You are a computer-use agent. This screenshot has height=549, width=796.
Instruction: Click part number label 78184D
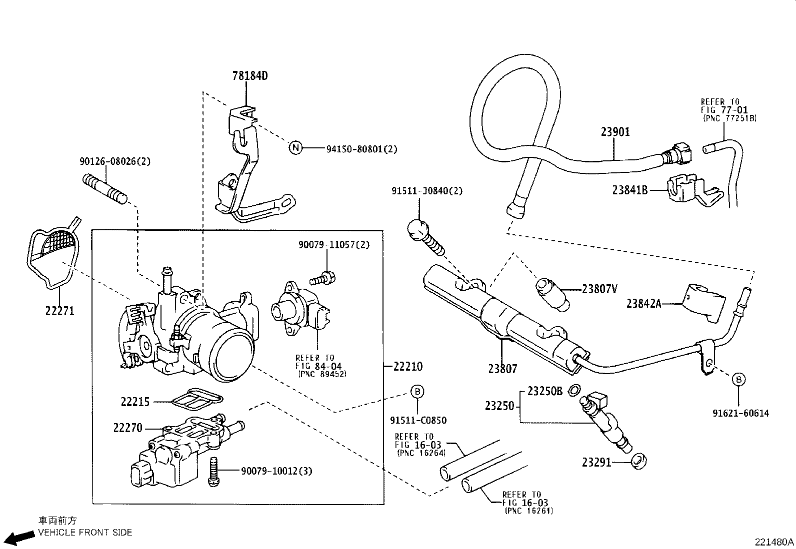(x=250, y=76)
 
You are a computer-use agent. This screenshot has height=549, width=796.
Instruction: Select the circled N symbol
(x=296, y=148)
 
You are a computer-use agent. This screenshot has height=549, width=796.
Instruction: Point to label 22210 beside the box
(x=407, y=366)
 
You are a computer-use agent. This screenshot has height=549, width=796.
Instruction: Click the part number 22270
(x=127, y=428)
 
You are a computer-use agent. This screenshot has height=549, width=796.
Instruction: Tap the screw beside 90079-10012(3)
(x=213, y=472)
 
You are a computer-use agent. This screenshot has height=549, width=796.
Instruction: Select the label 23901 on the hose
(x=615, y=132)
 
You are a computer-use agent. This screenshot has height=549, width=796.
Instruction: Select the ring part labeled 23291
(x=638, y=461)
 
